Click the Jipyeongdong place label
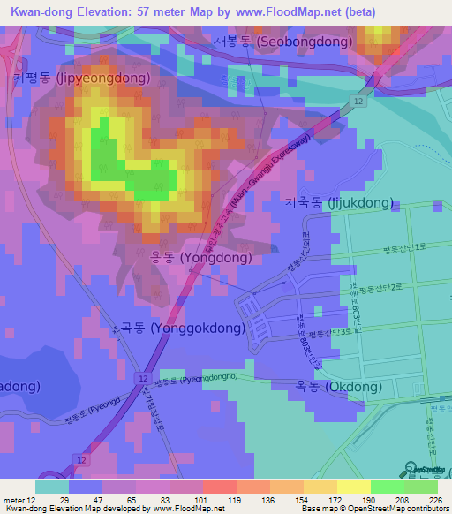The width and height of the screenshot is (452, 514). [x=81, y=79]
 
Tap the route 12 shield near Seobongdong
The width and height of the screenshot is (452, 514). [x=356, y=102]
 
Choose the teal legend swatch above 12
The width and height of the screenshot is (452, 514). [x=52, y=487]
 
